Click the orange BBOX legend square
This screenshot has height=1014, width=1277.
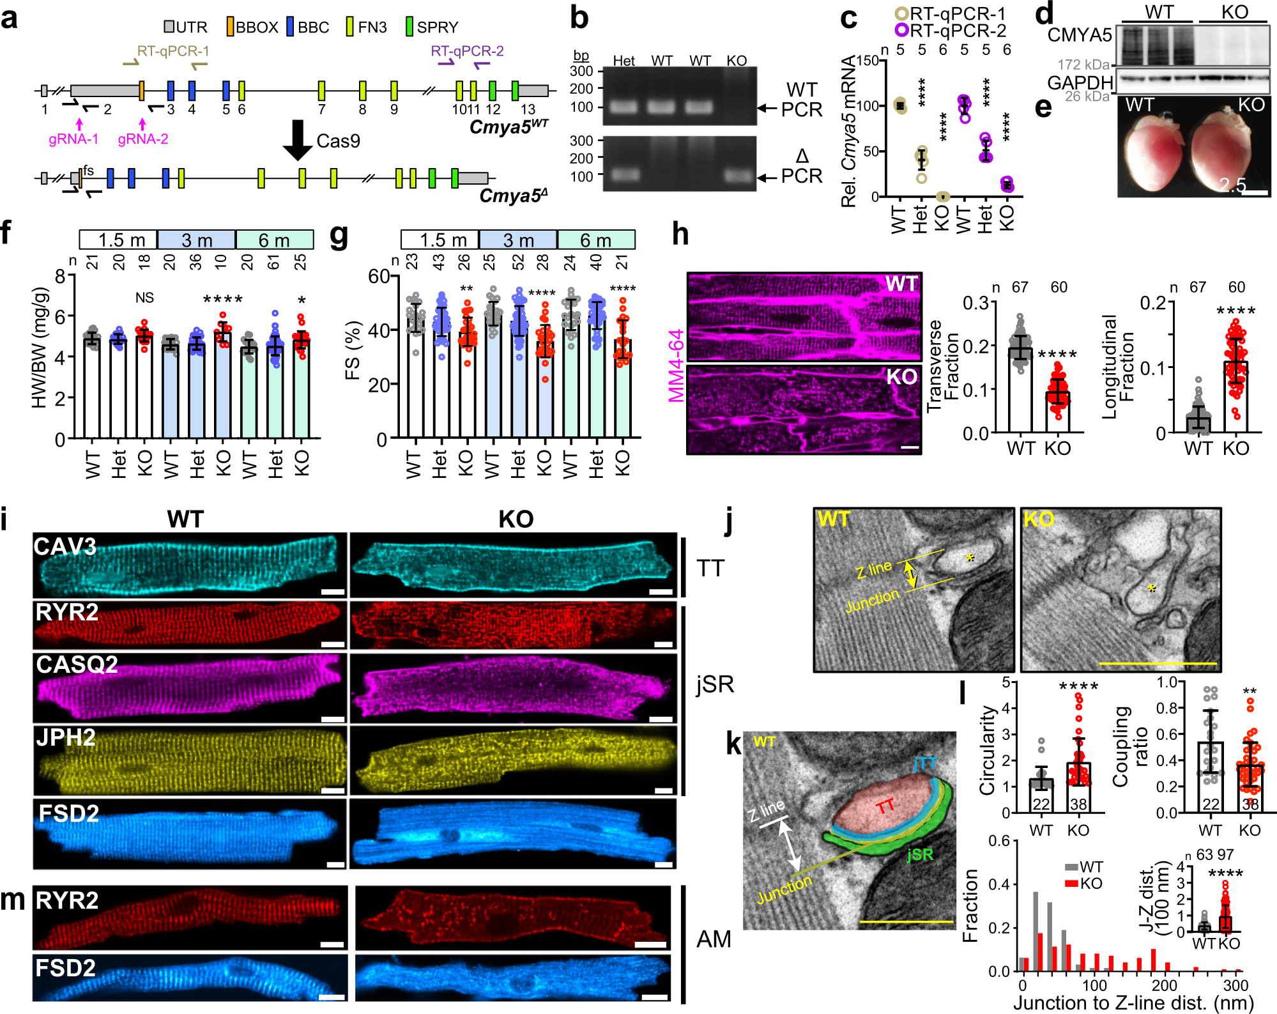point(231,27)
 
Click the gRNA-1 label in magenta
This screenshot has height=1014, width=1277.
point(73,139)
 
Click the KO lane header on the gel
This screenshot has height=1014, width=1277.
point(737,61)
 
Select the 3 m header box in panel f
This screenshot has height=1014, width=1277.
point(196,240)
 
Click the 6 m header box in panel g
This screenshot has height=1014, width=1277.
point(595,240)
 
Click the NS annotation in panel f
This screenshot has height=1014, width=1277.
point(144,298)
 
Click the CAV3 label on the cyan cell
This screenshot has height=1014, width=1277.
point(65,546)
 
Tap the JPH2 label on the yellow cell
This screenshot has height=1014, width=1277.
point(65,737)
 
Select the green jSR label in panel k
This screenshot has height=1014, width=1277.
point(919,855)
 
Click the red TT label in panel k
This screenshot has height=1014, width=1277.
point(885,807)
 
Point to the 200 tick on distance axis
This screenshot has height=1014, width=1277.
point(1164,985)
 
